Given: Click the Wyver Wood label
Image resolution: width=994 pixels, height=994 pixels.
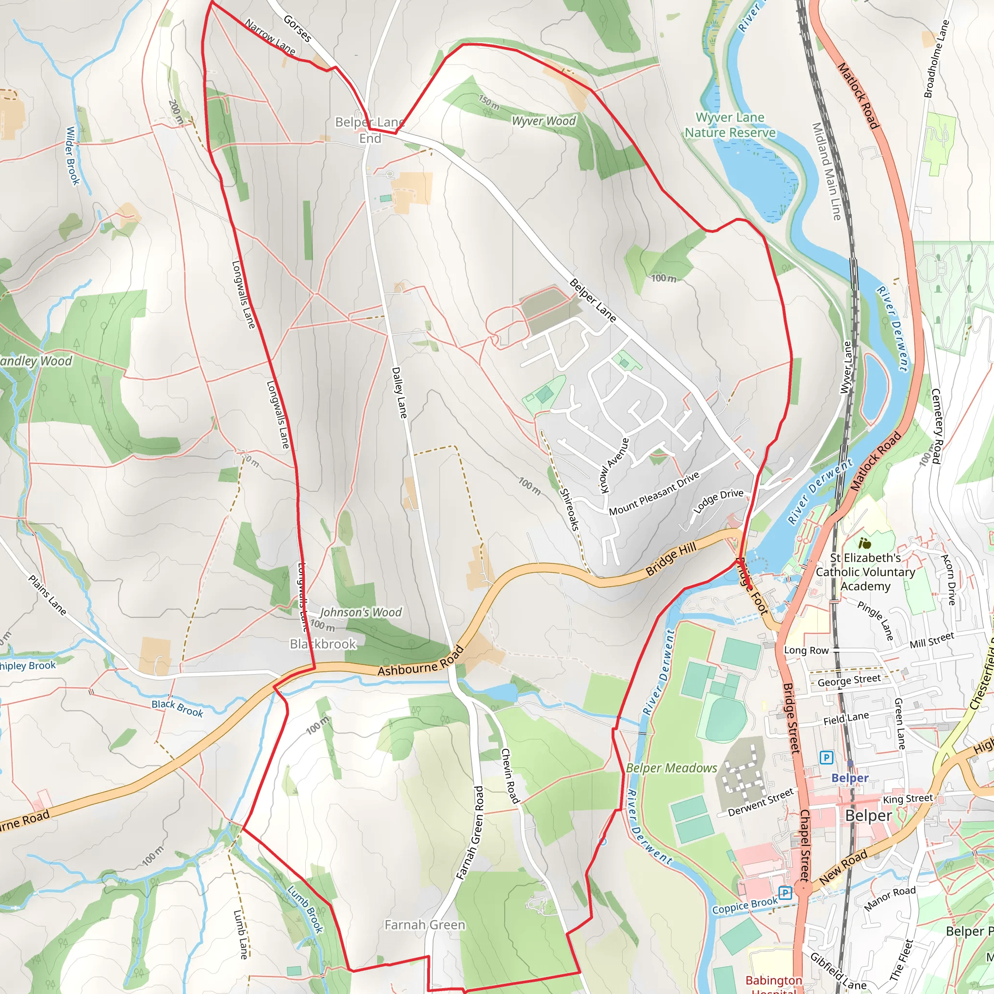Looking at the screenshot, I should pos(543,121).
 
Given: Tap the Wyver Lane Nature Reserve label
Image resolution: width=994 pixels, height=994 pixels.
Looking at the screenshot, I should pos(729,125).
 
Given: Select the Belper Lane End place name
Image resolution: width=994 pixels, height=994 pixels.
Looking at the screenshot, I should pos(370,130).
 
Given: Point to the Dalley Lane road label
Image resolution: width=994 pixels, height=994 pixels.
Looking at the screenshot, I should pos(399,392).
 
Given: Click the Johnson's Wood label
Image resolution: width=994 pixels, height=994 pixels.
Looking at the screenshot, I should pos(361,612).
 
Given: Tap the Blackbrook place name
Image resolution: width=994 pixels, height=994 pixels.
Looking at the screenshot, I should pos(323,644).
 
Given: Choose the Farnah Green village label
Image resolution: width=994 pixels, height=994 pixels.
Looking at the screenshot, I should pos(425,925).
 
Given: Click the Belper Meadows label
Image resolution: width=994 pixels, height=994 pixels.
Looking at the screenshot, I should pos(671,768).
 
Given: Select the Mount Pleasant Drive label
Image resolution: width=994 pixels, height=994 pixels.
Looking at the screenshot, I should pos(654,493).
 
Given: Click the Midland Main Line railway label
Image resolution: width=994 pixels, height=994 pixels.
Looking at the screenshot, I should pos(826,171).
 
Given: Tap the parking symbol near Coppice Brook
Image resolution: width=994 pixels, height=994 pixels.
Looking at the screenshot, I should pos(785,893).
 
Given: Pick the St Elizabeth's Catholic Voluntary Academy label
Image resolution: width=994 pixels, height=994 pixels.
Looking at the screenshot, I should pos(865,572).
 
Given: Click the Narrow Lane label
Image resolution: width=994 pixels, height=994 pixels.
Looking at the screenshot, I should pos(270,37).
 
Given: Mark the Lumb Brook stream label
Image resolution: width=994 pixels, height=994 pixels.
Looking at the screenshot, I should pos(305,909).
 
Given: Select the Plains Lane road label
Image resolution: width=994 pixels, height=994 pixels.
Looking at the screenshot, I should pos(48,595).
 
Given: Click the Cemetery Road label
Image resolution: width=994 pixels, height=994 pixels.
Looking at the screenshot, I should pos(936,426).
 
